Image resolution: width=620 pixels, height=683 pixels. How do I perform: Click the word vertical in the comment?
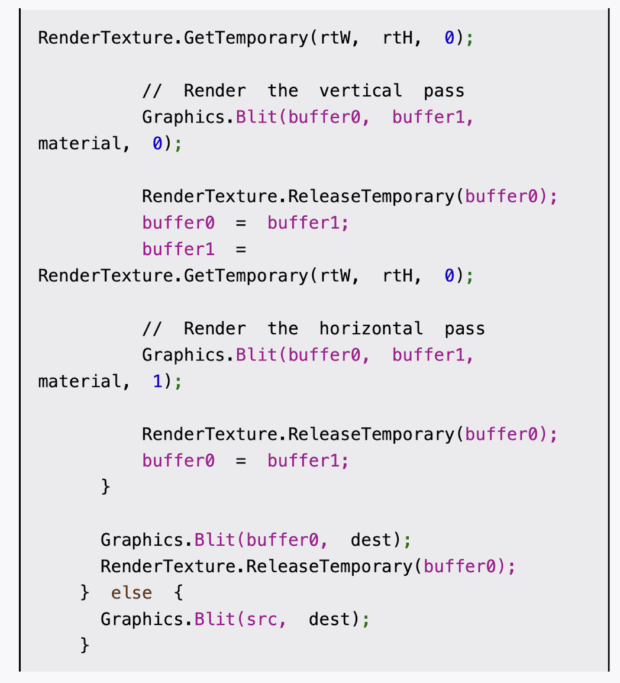point(360,91)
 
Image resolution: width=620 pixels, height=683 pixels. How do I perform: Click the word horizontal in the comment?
point(371,329)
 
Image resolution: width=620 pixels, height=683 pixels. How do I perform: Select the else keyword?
point(131,593)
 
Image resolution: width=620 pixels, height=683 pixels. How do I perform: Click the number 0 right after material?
point(157,144)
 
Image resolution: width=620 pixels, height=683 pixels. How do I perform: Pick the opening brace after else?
point(178,593)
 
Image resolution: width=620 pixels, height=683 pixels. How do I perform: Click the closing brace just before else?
point(85,593)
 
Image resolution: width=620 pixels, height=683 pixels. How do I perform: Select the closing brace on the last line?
point(85,645)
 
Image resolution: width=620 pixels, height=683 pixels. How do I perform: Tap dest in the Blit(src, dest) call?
point(330,620)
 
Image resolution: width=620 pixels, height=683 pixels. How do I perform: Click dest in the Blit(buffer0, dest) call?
point(371,540)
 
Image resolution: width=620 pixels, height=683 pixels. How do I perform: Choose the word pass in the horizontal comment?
point(464,329)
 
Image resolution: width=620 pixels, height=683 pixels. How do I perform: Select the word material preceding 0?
point(79,144)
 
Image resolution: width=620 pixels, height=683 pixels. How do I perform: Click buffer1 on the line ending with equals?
point(178,250)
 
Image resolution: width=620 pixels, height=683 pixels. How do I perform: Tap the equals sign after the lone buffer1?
point(241,250)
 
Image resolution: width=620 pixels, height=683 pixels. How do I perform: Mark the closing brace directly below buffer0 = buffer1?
point(105,487)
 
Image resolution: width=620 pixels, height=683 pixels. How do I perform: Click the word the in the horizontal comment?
point(282,329)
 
